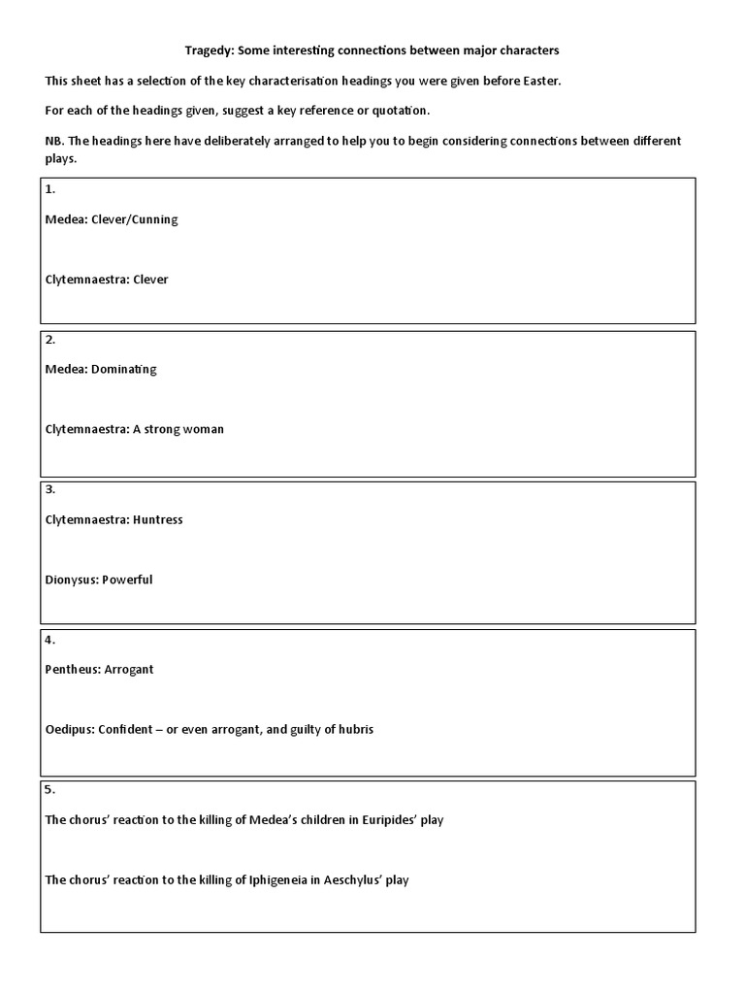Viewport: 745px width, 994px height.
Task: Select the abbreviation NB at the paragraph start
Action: point(53,141)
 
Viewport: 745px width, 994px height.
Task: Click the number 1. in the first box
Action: point(50,189)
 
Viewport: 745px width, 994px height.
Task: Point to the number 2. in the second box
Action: point(50,339)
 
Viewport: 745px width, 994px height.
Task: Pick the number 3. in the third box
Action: point(50,489)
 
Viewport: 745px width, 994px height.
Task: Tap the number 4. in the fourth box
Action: point(50,640)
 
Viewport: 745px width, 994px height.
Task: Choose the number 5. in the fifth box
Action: point(50,789)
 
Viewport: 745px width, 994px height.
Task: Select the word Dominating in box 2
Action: point(124,369)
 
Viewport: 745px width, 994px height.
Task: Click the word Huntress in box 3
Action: point(158,519)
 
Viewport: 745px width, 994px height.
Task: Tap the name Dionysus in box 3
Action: point(71,580)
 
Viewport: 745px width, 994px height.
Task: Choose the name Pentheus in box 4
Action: point(71,669)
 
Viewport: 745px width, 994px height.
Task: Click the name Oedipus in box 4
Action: point(69,729)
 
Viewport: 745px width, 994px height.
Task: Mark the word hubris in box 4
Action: point(354,729)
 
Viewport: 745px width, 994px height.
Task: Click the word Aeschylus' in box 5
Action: point(355,879)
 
